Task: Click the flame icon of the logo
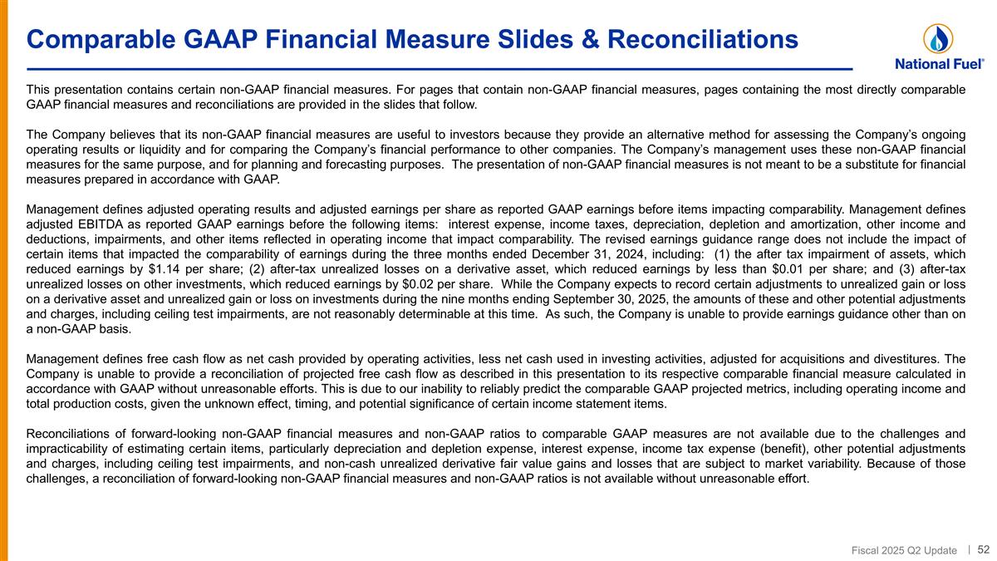click(x=938, y=37)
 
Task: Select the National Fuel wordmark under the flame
click(x=940, y=63)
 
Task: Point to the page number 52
click(x=983, y=549)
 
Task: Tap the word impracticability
click(x=69, y=448)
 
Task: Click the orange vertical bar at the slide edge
click(x=4, y=280)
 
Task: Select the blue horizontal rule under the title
click(x=439, y=68)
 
